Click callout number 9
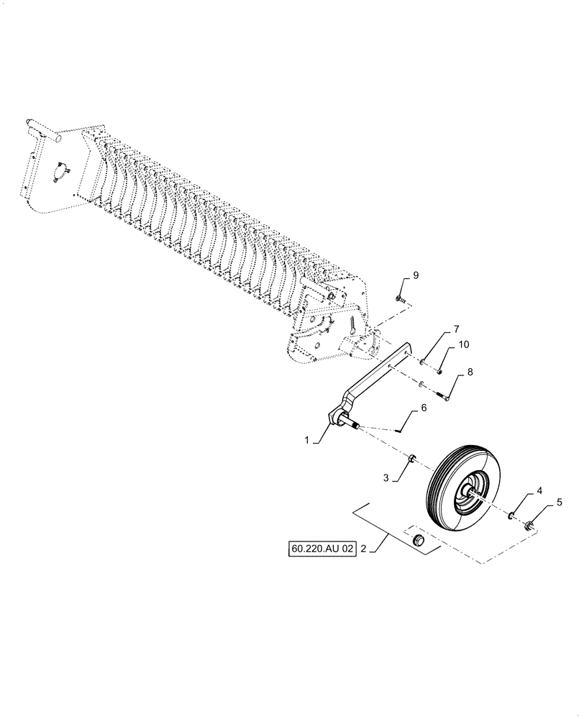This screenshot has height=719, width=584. [415, 275]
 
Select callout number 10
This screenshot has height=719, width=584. [463, 345]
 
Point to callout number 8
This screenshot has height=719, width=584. [470, 372]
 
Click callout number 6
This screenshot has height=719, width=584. [424, 408]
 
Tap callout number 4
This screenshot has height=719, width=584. [539, 493]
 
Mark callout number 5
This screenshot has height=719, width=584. [560, 504]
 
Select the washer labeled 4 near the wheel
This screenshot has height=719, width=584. [511, 515]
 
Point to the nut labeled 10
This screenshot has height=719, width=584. [439, 371]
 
